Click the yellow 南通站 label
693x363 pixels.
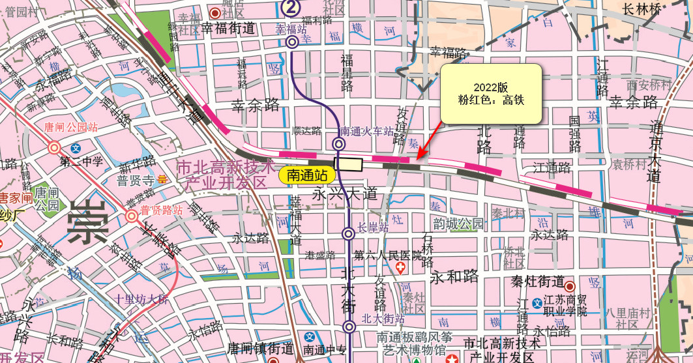307,174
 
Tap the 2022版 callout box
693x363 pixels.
491,94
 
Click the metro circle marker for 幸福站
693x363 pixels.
292,42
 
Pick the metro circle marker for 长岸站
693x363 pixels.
348,233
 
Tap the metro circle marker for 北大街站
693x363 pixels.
349,327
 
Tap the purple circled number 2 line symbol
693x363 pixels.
291,7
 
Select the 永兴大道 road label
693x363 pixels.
345,194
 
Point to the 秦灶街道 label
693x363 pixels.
537,282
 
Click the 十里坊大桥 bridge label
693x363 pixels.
141,300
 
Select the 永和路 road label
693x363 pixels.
454,276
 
